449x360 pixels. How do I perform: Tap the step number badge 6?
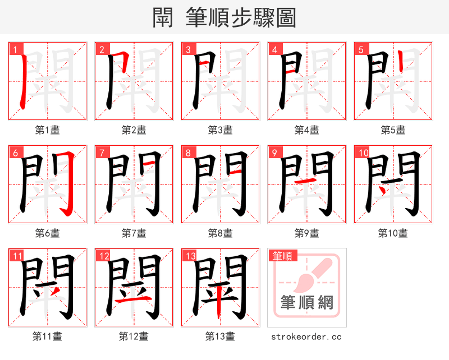point(15,153)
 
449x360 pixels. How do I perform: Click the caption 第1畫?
point(48,130)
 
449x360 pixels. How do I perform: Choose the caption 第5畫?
point(393,130)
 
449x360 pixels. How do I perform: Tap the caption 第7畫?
point(134,233)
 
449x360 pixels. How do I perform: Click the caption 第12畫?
point(134,336)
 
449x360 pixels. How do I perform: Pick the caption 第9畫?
point(307,233)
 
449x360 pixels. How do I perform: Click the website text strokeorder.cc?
point(306,336)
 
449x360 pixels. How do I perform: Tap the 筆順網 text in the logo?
point(307,303)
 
